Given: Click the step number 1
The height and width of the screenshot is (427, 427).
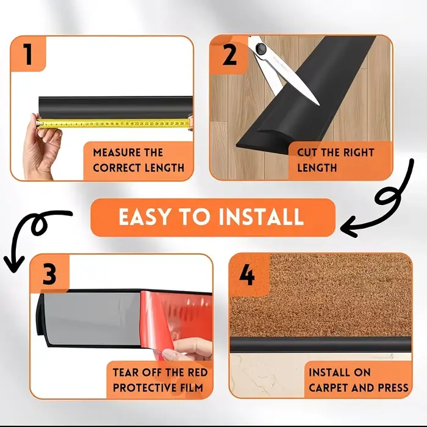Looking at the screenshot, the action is pyautogui.click(x=28, y=54).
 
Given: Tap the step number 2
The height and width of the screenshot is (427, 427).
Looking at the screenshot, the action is pyautogui.click(x=229, y=55).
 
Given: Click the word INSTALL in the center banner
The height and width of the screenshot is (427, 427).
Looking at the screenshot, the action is pyautogui.click(x=261, y=217).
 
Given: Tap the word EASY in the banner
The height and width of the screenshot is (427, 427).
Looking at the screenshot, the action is pyautogui.click(x=144, y=217).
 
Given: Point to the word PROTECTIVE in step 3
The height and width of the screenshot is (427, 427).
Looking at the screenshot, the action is pyautogui.click(x=145, y=387).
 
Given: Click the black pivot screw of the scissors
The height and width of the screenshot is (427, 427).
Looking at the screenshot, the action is pyautogui.click(x=260, y=49).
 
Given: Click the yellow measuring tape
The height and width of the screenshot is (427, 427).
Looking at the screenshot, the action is pyautogui.click(x=113, y=124).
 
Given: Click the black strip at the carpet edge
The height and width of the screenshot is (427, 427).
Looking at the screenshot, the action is pyautogui.click(x=321, y=345).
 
